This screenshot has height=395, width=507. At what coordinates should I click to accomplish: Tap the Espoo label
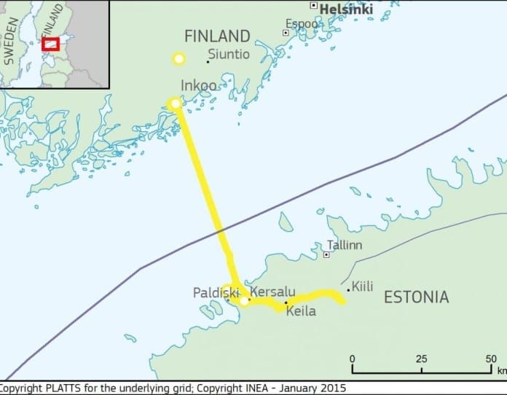click(301, 24)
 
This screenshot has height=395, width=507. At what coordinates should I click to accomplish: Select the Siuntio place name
click(229, 54)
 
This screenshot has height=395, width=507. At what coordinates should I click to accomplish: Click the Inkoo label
click(198, 86)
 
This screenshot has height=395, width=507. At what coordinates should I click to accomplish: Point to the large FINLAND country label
click(217, 36)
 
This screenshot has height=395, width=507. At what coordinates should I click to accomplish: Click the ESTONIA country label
click(416, 297)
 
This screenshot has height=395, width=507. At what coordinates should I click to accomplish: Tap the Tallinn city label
click(345, 245)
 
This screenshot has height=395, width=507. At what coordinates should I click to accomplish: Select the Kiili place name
click(362, 286)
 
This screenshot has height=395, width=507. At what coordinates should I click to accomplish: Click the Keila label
click(301, 311)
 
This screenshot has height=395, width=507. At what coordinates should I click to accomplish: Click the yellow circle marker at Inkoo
click(175, 104)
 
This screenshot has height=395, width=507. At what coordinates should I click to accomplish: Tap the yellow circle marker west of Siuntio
click(178, 58)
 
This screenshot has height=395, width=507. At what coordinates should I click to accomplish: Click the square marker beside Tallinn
click(326, 254)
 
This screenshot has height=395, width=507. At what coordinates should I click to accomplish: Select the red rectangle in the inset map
click(50, 44)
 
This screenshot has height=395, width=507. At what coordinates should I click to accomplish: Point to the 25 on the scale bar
click(421, 359)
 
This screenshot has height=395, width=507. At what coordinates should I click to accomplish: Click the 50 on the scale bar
click(492, 359)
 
